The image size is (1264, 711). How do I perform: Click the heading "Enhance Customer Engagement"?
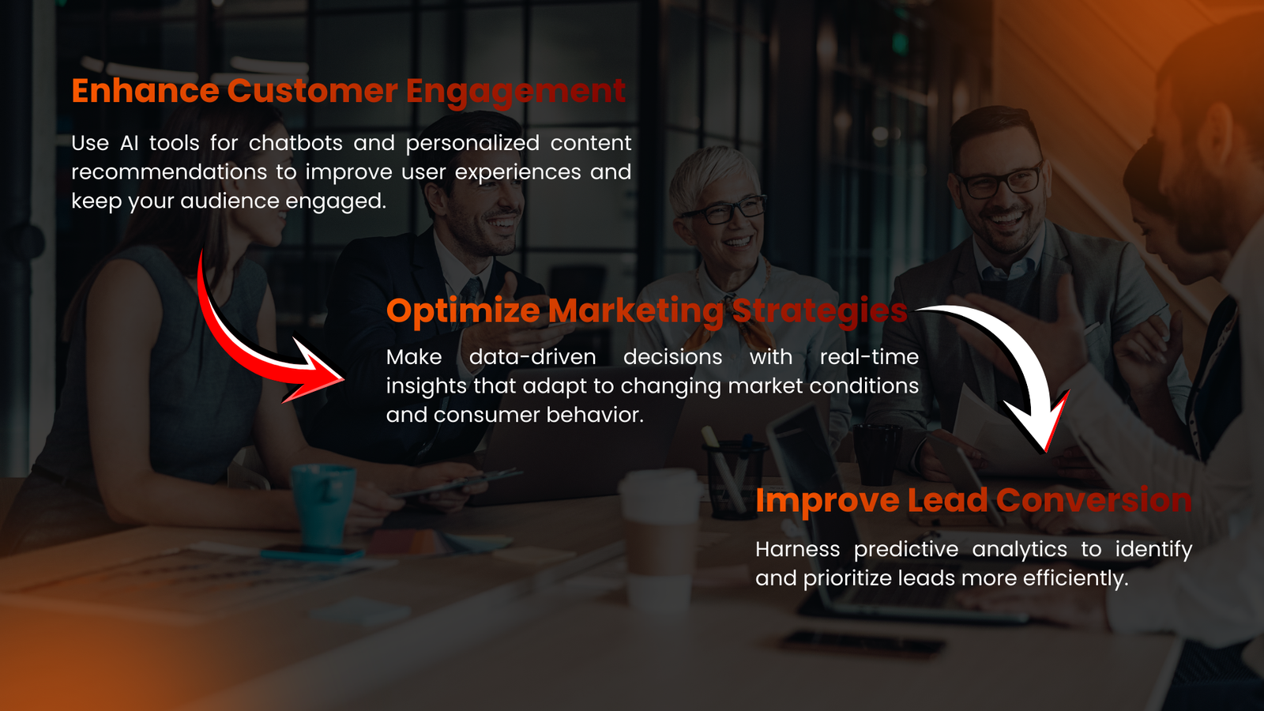click(348, 92)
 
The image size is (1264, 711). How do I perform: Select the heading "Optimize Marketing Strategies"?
click(647, 311)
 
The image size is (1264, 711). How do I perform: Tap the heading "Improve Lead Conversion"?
click(973, 500)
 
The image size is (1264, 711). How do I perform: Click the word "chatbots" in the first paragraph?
click(295, 143)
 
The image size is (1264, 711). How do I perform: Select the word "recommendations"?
click(169, 172)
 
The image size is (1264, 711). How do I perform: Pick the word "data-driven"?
click(532, 357)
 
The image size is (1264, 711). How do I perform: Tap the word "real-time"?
click(869, 357)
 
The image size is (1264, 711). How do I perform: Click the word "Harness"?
click(797, 549)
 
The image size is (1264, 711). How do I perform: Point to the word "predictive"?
click(905, 550)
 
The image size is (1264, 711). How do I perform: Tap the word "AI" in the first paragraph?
click(129, 143)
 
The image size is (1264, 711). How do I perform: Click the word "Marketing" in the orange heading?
click(635, 311)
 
